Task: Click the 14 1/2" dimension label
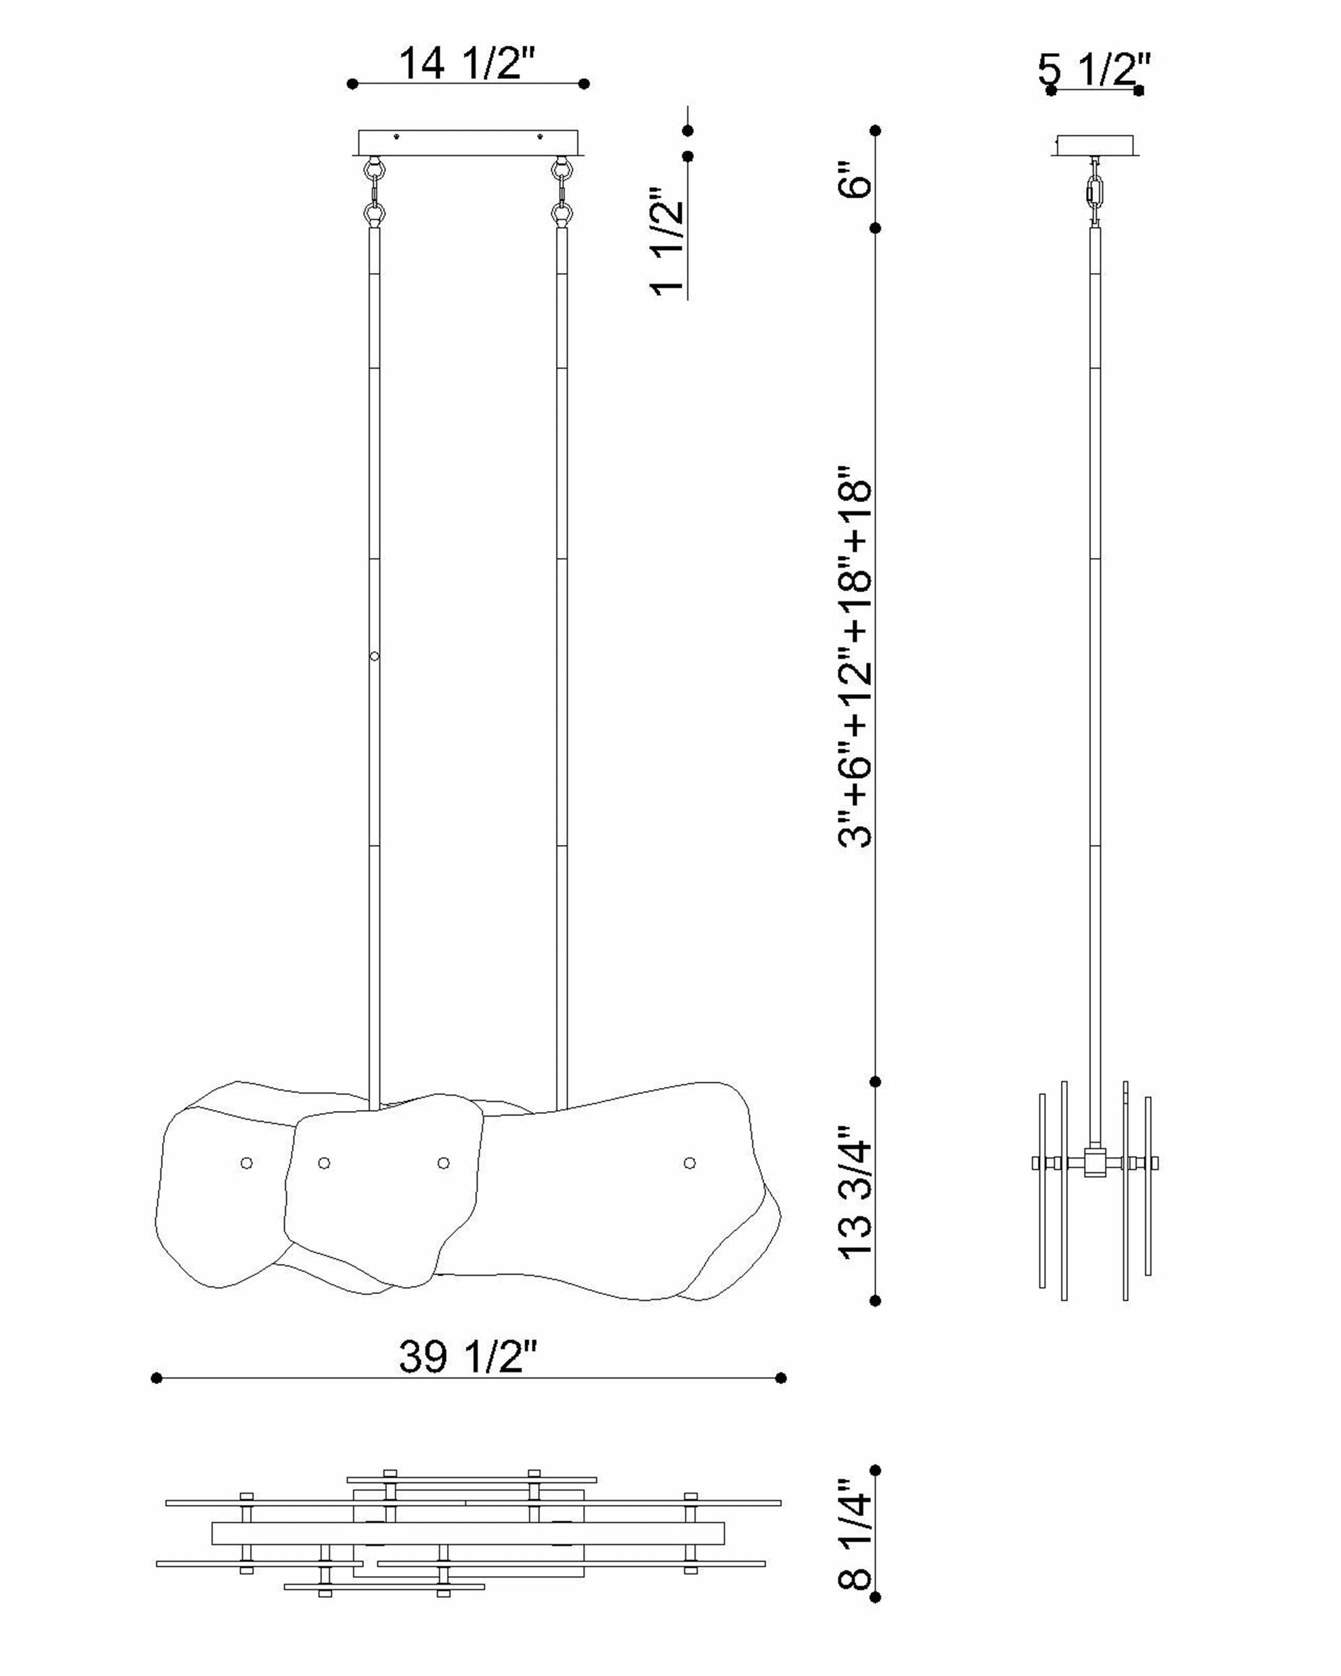click(x=467, y=63)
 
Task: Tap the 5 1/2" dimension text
click(x=1093, y=70)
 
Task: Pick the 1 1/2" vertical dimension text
click(x=667, y=241)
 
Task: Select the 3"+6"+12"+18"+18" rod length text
click(x=856, y=657)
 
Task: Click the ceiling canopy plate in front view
click(x=467, y=142)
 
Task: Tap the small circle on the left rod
click(x=374, y=656)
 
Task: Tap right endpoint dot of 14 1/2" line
click(x=585, y=83)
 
